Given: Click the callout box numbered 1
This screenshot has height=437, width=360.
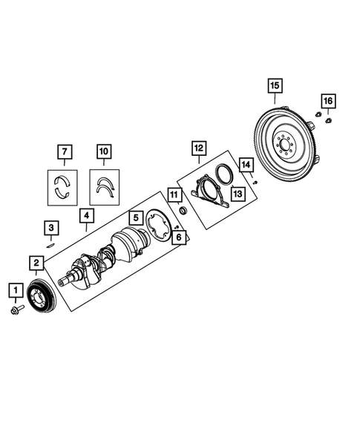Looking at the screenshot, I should pyautogui.click(x=13, y=288).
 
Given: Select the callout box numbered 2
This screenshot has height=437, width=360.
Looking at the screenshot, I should pyautogui.click(x=35, y=262).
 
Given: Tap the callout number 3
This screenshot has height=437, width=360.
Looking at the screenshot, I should pyautogui.click(x=50, y=227).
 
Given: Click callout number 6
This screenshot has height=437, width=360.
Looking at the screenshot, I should pyautogui.click(x=177, y=237).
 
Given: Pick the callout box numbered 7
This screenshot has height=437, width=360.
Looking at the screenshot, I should pyautogui.click(x=64, y=154).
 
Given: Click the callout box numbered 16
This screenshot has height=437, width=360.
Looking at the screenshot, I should pyautogui.click(x=327, y=100).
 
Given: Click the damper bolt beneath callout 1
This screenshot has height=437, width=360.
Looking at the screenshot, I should pyautogui.click(x=16, y=310).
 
